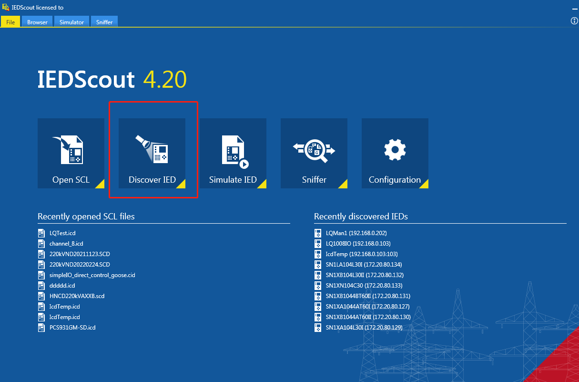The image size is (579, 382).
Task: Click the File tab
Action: [x=10, y=22]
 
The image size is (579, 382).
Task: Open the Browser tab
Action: [x=37, y=22]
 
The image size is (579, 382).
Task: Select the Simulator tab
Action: [x=71, y=22]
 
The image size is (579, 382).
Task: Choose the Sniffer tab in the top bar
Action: [x=104, y=22]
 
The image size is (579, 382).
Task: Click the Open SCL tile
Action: [x=71, y=153]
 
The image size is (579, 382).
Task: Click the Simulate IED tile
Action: [x=233, y=153]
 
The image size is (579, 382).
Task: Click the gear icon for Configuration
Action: [x=395, y=150]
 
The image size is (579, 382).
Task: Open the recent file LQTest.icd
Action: [x=62, y=233]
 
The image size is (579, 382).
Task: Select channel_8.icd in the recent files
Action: [x=66, y=244]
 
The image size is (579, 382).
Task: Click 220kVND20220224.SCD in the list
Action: [x=80, y=265]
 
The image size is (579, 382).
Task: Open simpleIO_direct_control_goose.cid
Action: [x=92, y=275]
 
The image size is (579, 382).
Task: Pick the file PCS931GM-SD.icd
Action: [x=72, y=328]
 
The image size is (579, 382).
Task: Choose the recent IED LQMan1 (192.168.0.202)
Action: [x=356, y=233]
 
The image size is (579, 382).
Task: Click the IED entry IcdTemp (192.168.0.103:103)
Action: [x=362, y=254]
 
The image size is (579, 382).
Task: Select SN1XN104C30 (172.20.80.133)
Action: [x=364, y=286]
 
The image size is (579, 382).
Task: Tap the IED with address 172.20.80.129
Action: [x=364, y=328]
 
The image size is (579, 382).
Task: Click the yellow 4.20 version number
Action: [x=165, y=79]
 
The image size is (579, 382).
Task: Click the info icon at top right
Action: [x=574, y=21]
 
